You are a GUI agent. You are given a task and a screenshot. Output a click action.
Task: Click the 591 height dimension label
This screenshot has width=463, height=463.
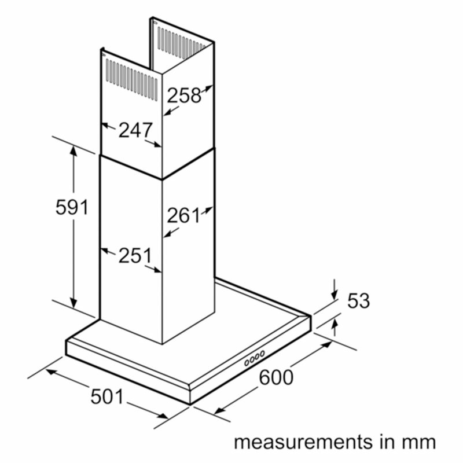pos(72,207)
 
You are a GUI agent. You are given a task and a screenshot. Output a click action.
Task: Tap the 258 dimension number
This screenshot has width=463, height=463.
pos(184,95)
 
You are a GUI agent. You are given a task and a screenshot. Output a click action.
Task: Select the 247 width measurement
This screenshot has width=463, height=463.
pos(135,130)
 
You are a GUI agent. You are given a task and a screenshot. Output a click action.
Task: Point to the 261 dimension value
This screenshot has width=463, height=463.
pos(183,216)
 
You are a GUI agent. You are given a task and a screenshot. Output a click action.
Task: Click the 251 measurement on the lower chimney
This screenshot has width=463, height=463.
pos(135,256)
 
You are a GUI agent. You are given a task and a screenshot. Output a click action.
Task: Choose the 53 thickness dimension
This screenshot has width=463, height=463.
pos(358,301)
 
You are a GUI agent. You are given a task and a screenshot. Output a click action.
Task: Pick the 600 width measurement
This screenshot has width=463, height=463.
pos(276,377)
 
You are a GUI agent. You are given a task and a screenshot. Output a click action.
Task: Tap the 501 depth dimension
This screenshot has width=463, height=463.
pos(107,397)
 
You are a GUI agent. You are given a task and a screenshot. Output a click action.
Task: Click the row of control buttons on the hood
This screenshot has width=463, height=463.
pos(254,358)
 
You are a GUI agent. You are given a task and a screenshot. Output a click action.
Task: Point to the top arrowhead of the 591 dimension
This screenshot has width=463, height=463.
pos(74,149)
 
